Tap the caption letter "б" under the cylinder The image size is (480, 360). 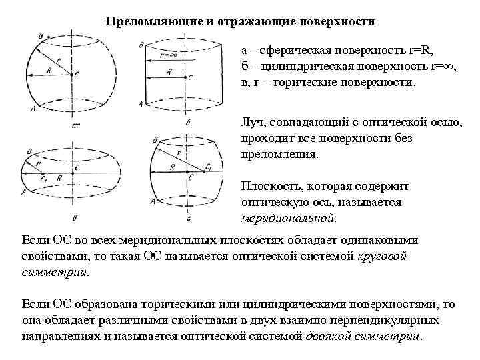[188, 123]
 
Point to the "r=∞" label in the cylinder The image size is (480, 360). [169, 55]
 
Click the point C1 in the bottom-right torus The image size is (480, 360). [209, 167]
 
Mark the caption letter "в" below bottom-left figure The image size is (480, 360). [74, 217]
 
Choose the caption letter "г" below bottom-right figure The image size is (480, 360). [189, 218]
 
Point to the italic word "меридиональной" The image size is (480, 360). [288, 217]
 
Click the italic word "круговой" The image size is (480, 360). [382, 256]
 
